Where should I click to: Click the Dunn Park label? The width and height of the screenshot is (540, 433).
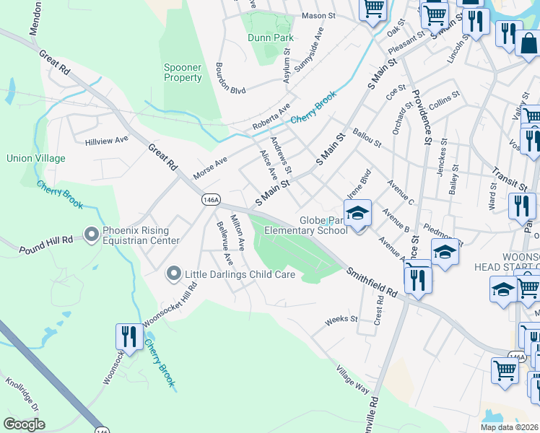270,38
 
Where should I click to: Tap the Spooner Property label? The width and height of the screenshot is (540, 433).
183,73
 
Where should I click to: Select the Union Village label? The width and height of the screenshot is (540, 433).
35,158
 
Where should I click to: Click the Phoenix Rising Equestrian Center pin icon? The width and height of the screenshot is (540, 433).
91,234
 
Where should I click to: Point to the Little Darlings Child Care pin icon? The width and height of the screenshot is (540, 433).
173,274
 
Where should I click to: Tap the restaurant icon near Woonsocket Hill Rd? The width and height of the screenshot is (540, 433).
129,337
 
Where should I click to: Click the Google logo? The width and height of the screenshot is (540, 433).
24,424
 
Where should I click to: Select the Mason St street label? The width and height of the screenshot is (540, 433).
319,15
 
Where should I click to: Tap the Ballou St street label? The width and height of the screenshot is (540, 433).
367,137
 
